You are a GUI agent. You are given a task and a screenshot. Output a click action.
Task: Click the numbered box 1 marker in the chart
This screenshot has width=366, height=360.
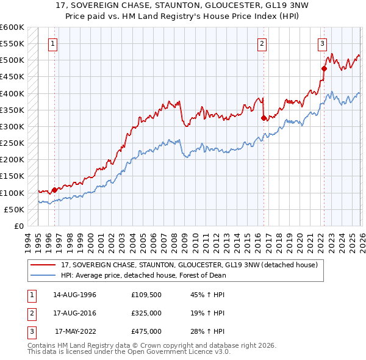coord(53,43)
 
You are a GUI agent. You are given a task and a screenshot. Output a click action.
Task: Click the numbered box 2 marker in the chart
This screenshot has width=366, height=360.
coord(262,43)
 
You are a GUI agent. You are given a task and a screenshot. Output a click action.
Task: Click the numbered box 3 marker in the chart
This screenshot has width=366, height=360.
coord(321,43)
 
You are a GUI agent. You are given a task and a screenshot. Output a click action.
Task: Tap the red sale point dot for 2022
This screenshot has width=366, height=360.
coord(323,69)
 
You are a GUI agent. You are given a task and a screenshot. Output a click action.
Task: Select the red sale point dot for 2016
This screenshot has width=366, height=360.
coord(264,118)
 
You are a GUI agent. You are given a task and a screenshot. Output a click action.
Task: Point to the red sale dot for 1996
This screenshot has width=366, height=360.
coord(54,190)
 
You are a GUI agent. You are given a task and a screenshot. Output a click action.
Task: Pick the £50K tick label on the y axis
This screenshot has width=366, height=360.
coord(14,209)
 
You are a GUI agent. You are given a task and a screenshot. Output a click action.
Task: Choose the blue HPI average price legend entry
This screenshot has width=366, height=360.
coord(143,275)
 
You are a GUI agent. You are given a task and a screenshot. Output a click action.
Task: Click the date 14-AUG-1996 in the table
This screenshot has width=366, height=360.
coord(74,295)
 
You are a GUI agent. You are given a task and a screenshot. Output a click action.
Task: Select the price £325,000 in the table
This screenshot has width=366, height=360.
coord(146,313)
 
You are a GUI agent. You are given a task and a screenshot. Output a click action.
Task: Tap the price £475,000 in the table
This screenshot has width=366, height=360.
coord(146,331)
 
